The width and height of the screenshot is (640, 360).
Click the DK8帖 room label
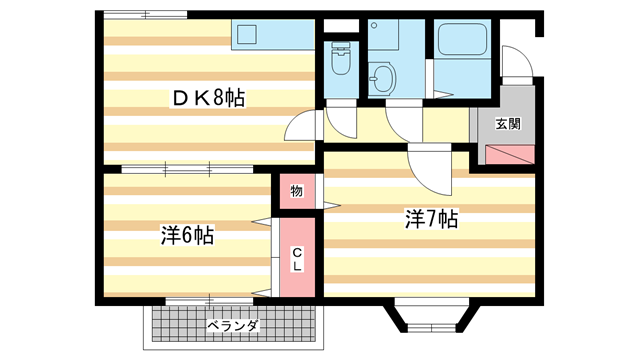coord(209,97)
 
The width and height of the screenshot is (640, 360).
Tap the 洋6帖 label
coord(188,236)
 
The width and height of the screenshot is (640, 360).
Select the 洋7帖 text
coord(431,219)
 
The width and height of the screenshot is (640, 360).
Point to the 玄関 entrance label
coord(508,125)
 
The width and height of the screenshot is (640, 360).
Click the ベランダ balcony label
coord(233,326)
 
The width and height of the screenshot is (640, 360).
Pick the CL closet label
coord(298,259)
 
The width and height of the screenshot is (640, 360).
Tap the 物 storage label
coord(297,190)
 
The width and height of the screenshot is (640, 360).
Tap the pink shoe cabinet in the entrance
coord(510,154)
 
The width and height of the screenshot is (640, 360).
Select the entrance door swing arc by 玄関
coord(515,66)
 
